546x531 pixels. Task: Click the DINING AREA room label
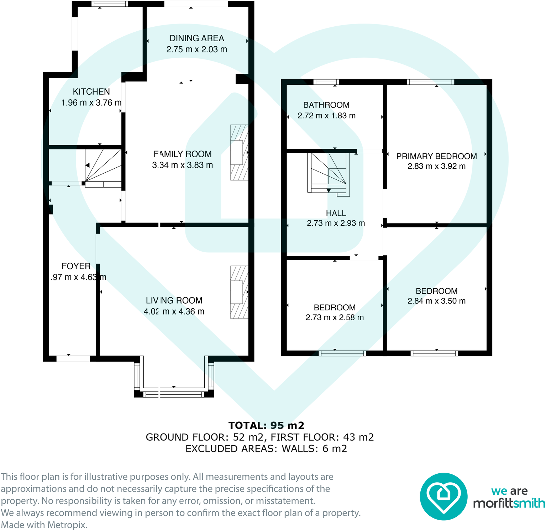point(196,38)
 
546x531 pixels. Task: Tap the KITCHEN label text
point(91,92)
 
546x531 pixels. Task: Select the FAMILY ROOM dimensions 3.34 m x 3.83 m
point(182,165)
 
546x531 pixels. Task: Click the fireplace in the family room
point(239,153)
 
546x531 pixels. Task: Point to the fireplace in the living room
point(239,292)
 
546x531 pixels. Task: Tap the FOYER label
point(76,266)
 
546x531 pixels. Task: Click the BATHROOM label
point(326,105)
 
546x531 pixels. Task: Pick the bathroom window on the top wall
point(326,82)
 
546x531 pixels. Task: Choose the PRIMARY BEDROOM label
point(436,156)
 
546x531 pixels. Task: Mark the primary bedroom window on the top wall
point(430,82)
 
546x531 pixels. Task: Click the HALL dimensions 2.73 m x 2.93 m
point(336,223)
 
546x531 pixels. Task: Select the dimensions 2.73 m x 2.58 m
point(335,317)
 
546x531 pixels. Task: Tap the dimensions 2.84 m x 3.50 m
point(436,301)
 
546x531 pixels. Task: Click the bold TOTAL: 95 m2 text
point(266,425)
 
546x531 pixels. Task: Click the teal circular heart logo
point(443,496)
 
